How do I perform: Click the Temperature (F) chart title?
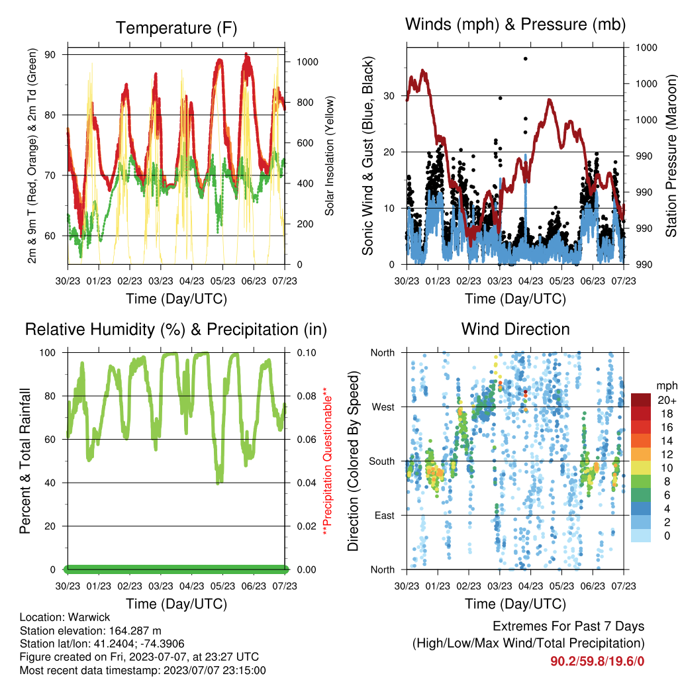click(176, 28)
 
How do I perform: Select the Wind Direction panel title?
click(515, 329)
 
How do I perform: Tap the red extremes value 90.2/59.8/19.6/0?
click(597, 661)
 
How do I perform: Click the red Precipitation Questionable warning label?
click(328, 461)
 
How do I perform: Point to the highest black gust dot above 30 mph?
click(525, 59)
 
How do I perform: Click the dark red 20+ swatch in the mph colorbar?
click(641, 399)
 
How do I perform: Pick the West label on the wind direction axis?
click(383, 407)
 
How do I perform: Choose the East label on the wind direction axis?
click(385, 515)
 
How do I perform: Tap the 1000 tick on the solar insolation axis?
click(307, 62)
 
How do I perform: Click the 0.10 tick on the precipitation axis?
click(307, 353)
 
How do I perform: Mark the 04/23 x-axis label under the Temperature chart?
click(191, 281)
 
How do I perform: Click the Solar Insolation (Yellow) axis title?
click(330, 156)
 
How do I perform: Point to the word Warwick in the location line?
click(89, 617)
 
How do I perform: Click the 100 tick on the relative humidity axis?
click(48, 353)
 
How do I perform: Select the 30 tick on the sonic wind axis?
click(389, 96)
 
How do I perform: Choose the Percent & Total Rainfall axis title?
click(25, 461)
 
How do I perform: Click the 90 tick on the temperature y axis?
click(50, 54)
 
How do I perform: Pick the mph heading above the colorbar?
click(666, 386)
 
